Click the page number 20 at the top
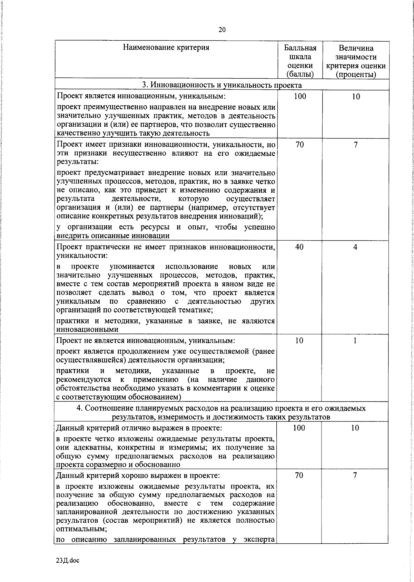click(x=222, y=30)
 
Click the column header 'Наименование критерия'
click(x=166, y=48)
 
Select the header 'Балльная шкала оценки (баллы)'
click(x=300, y=61)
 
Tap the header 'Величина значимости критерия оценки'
click(x=356, y=61)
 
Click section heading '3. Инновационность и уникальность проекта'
click(x=222, y=85)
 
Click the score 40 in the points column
click(x=299, y=247)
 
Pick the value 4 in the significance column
click(x=355, y=247)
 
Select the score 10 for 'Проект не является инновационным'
click(x=299, y=341)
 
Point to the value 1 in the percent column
click(x=355, y=341)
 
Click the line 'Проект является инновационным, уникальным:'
click(x=141, y=96)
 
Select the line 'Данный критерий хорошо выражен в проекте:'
click(x=138, y=475)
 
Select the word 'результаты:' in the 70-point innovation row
click(x=77, y=162)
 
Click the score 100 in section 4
click(x=299, y=428)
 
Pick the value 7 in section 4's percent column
click(x=355, y=475)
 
